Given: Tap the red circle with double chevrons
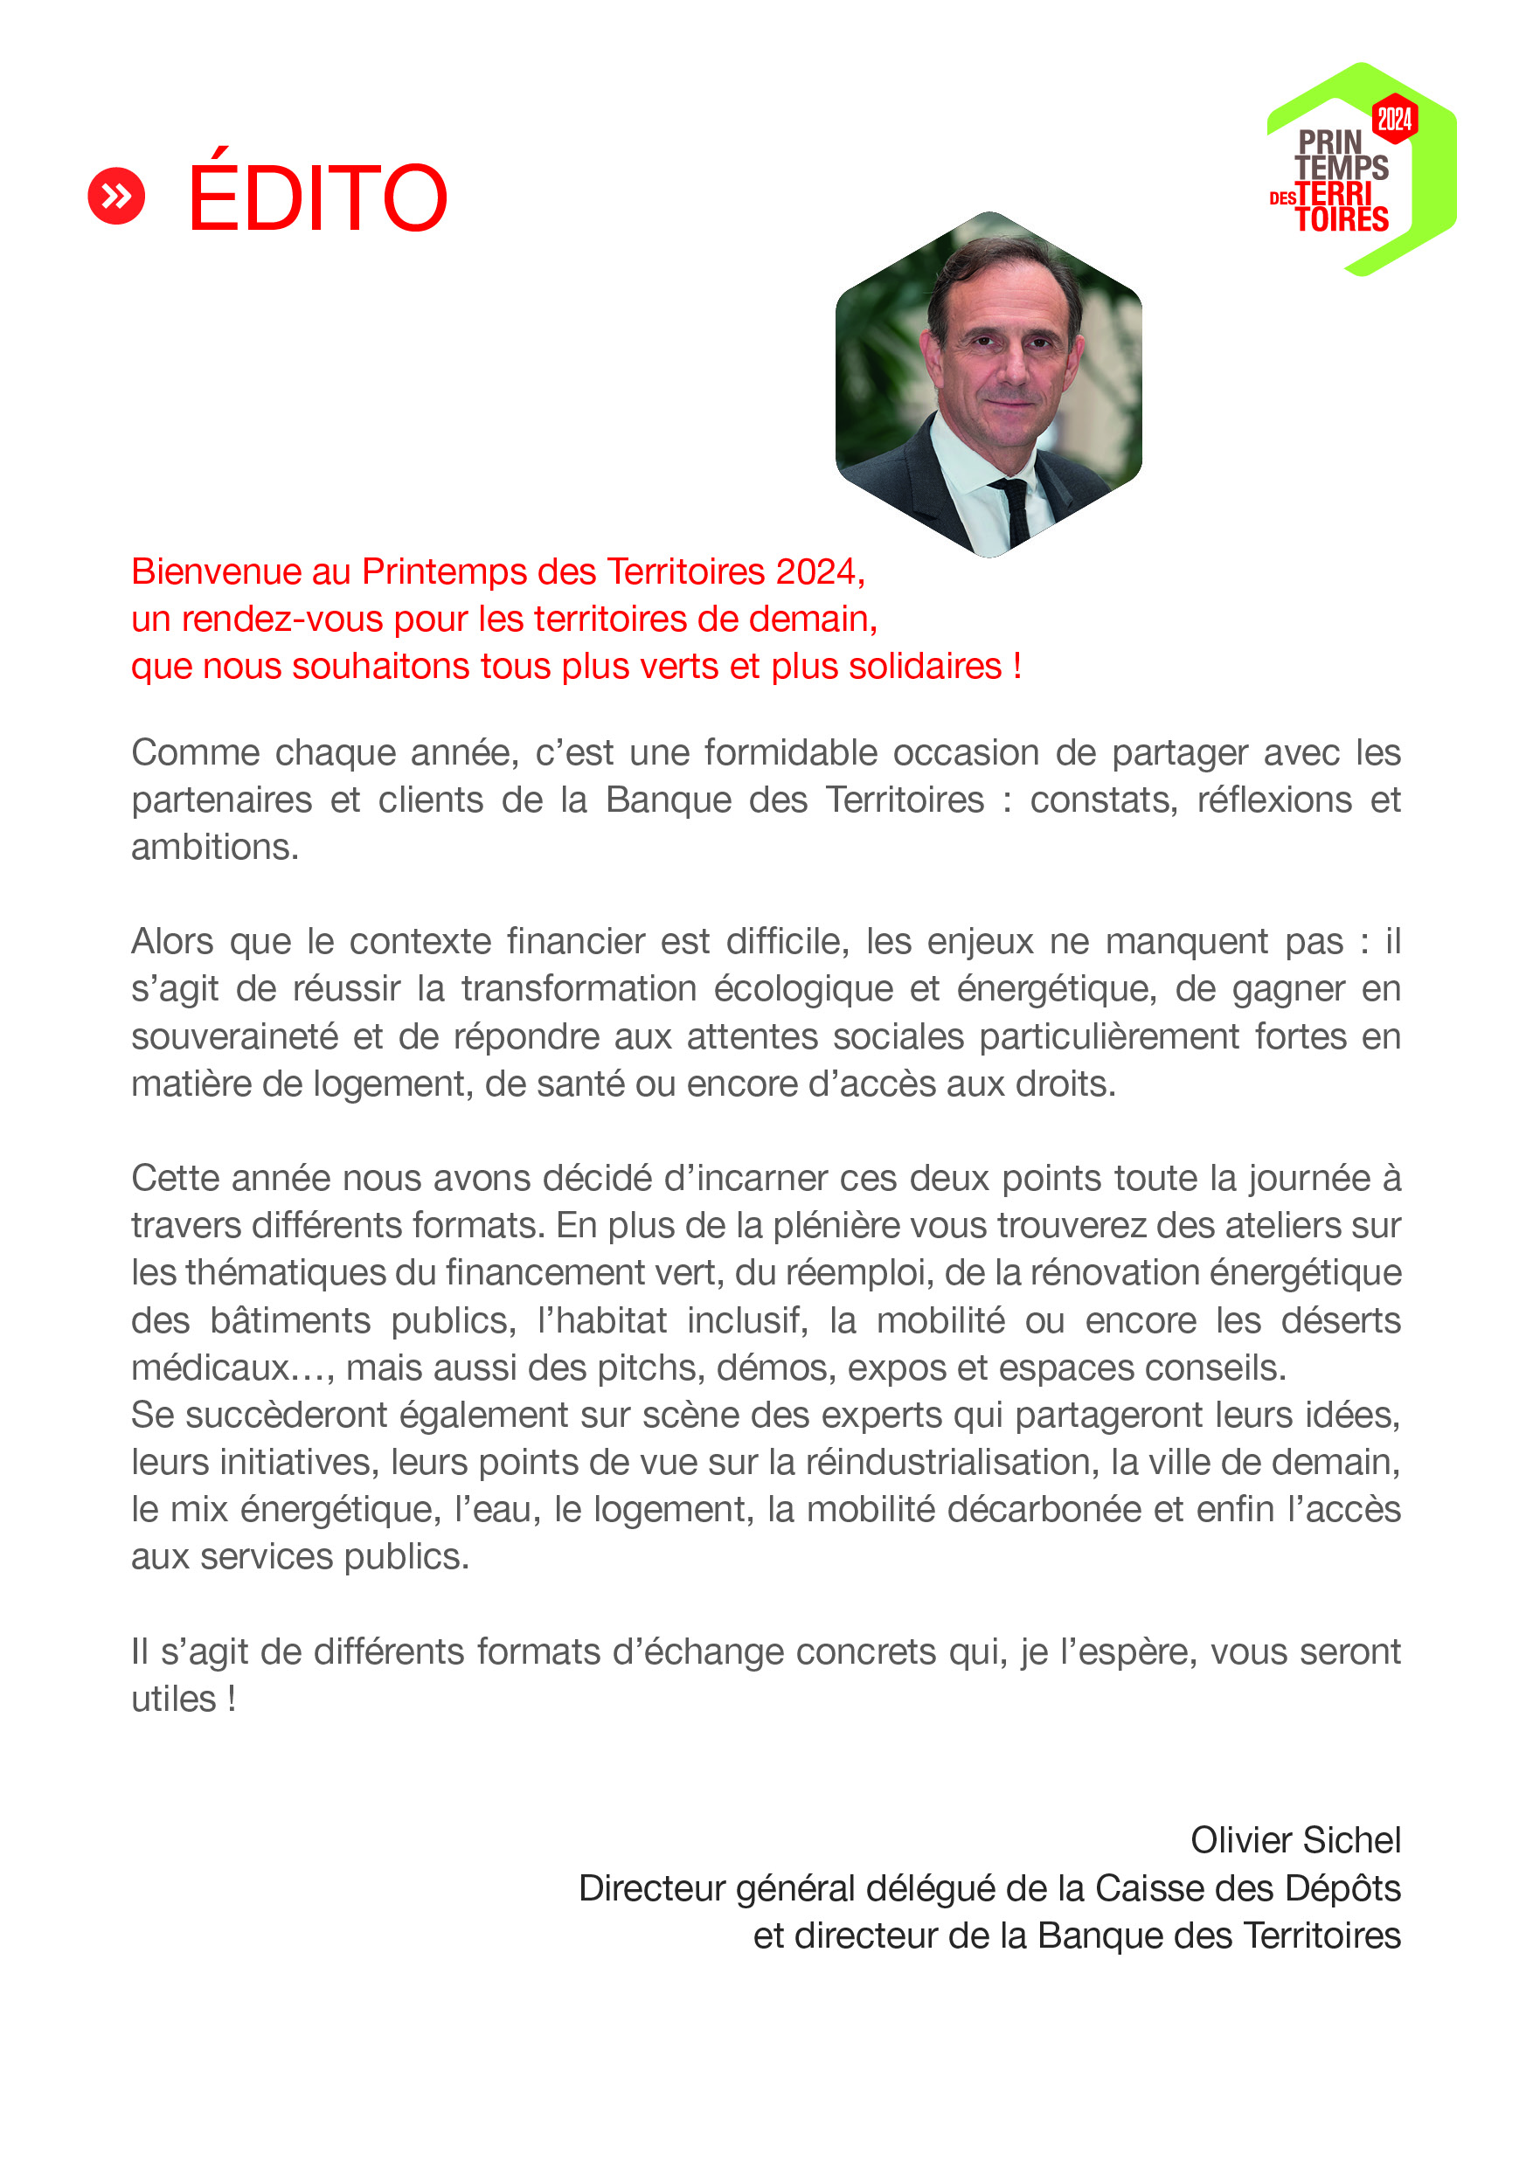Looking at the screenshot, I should point(116,197).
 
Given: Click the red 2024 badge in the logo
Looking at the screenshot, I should point(1394,119).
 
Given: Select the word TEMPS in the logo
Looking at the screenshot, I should point(1342,168).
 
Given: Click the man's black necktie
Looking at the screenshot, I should point(1016,509).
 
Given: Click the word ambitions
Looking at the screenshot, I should point(214,848).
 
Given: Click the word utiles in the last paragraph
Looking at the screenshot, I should point(174,1699).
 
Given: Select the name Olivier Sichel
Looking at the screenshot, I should point(1295,1839).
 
